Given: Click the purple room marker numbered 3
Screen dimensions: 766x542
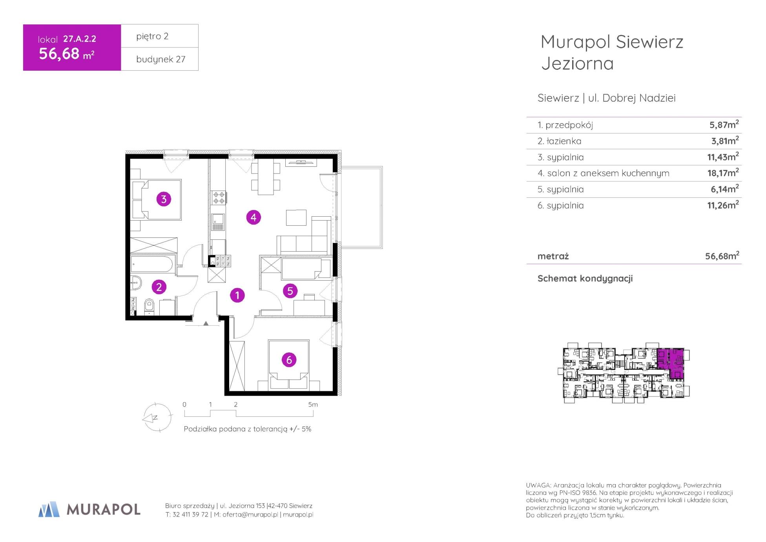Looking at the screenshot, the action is (164, 199).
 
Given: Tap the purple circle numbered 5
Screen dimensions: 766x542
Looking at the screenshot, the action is (290, 291).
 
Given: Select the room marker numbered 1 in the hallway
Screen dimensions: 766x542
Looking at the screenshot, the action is (237, 295).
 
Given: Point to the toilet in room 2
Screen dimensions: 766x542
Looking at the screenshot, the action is (149, 307).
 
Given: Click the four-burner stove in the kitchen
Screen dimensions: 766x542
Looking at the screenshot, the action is (218, 197).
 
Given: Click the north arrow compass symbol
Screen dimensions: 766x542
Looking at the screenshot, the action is (157, 418).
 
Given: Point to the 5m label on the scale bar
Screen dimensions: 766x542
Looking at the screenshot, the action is (313, 404).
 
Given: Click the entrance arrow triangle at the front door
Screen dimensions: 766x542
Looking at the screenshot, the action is (206, 323).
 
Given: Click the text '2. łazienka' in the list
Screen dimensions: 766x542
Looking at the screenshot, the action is (559, 141).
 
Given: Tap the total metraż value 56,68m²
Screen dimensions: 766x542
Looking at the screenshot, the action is (722, 256).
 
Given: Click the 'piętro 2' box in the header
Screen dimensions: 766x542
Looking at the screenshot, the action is (160, 36).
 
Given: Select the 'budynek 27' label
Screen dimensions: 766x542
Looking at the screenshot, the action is (160, 59).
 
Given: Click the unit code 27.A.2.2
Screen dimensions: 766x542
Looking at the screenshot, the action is (80, 38).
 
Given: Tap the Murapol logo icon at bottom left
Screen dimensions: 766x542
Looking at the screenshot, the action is (49, 509).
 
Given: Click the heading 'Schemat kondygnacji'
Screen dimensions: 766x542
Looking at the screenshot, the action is (585, 279).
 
